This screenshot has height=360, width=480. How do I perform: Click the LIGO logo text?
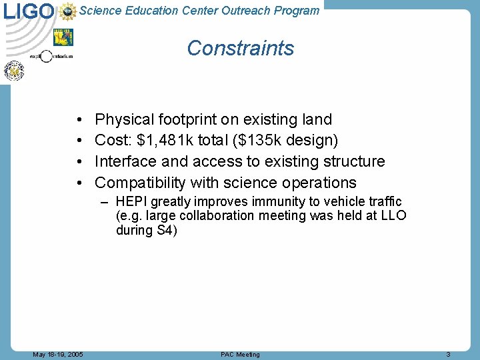(x=29, y=11)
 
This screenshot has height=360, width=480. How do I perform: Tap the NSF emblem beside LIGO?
(x=68, y=11)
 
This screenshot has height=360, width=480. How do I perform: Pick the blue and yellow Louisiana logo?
(x=63, y=37)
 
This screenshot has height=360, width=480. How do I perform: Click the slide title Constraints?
(x=240, y=48)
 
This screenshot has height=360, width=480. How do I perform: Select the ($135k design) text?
(x=285, y=141)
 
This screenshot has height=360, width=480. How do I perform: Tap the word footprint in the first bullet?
(x=188, y=120)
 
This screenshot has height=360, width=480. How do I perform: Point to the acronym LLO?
(x=393, y=216)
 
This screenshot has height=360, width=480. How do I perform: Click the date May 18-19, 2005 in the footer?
(x=58, y=355)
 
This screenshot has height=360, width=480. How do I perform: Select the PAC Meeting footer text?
(x=240, y=355)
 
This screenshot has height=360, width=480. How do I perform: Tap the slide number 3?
(x=449, y=355)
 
